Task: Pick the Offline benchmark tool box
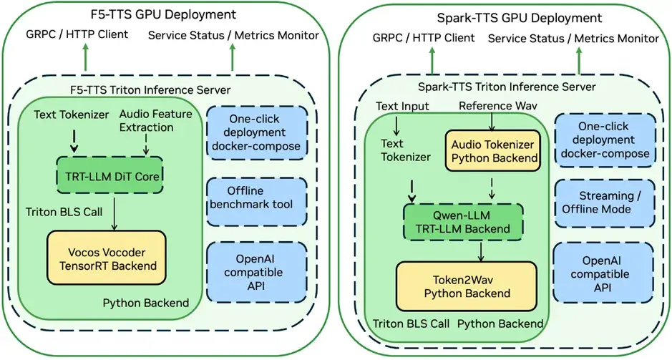tap(256, 197)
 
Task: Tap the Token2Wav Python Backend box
tap(466, 286)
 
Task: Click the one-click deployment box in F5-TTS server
tap(256, 132)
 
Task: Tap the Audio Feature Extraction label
tap(146, 120)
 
